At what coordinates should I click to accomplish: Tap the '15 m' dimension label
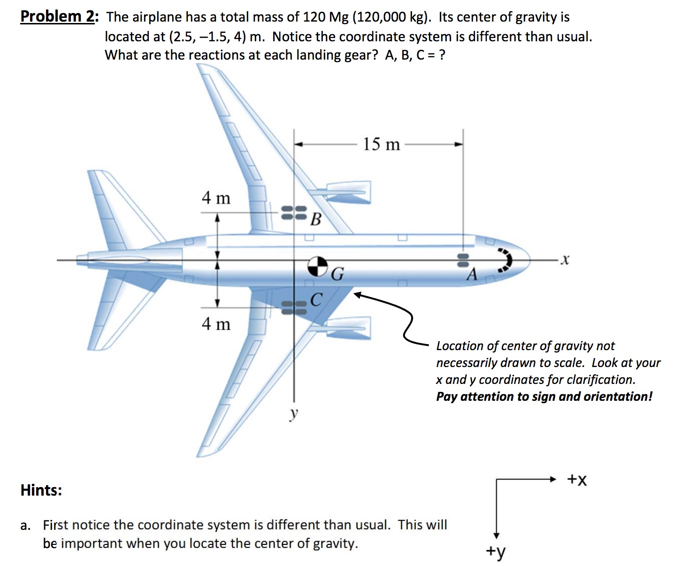381,145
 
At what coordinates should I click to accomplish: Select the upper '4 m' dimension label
216,198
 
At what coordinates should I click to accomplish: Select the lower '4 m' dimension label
216,324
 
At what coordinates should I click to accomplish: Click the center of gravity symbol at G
318,267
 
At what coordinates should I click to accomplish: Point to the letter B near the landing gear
316,219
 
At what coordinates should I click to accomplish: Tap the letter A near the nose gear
472,274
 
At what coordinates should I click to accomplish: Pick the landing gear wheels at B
294,213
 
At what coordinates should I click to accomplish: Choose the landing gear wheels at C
294,308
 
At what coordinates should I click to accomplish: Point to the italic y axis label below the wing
294,413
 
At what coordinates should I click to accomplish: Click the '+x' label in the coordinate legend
577,479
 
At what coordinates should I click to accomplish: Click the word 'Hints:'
41,490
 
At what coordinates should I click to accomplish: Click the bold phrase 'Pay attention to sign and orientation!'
544,397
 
